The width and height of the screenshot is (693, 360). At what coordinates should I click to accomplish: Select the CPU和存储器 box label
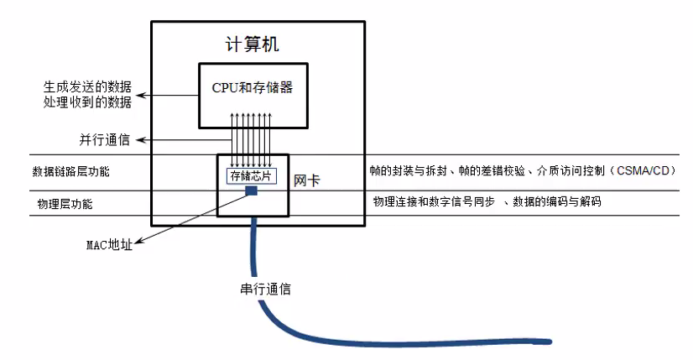(x=252, y=87)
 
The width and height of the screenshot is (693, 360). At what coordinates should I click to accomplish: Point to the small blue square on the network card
(x=251, y=191)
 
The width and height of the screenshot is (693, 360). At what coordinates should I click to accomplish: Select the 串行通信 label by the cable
(x=265, y=290)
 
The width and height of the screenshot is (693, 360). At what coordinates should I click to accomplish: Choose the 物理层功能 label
(x=65, y=204)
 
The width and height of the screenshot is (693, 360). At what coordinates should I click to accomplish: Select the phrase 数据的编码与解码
(x=556, y=202)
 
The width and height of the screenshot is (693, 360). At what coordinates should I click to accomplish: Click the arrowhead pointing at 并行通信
(x=138, y=139)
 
